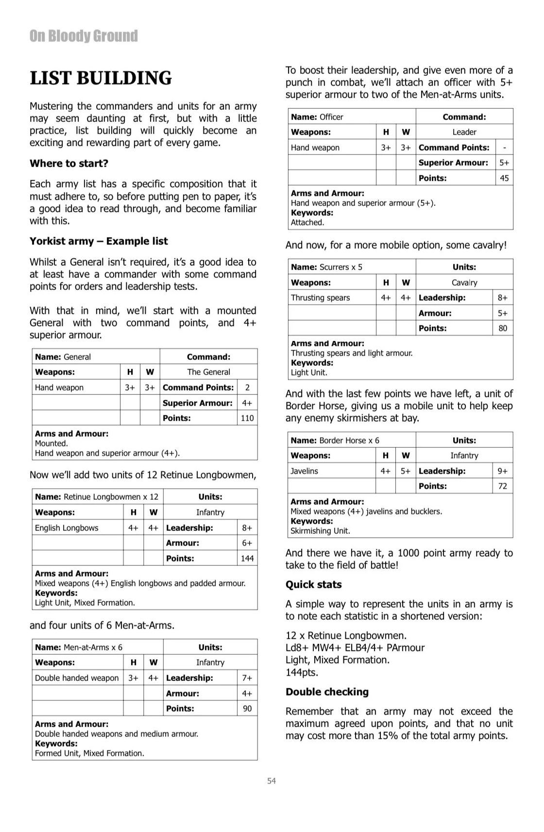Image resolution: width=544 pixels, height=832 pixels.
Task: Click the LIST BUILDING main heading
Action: pos(101,78)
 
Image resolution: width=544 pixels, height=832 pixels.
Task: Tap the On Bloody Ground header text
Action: pos(84,36)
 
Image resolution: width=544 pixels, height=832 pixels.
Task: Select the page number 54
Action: pos(272,781)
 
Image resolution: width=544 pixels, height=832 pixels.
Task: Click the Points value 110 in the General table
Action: pos(247,418)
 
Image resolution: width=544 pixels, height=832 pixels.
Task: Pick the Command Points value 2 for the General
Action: pos(247,388)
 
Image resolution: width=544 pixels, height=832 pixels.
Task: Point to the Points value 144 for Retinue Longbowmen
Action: pos(247,559)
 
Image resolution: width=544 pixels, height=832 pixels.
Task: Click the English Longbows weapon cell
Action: pos(67,528)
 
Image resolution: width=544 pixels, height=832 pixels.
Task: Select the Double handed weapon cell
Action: pos(77,678)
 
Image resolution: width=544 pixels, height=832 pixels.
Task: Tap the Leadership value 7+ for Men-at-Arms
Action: pos(247,678)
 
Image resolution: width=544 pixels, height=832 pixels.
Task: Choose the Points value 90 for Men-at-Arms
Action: pos(247,709)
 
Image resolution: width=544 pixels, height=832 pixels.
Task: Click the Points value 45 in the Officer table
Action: pos(504,178)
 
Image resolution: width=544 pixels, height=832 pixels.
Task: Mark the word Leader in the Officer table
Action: pos(464,132)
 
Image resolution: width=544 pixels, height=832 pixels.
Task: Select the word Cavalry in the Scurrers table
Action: pos(464,283)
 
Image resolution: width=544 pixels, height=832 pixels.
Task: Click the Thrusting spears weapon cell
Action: pos(320,298)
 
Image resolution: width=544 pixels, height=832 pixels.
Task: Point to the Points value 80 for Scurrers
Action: pos(503,328)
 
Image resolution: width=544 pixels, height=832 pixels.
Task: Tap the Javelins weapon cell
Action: pos(304,471)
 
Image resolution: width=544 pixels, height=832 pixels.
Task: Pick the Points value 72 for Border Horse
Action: pos(503,486)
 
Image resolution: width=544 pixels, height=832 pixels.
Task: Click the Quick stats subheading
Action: pos(314,585)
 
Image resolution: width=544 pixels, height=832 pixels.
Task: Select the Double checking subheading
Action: pos(327,692)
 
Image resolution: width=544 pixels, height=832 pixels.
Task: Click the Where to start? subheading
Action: pos(69,164)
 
